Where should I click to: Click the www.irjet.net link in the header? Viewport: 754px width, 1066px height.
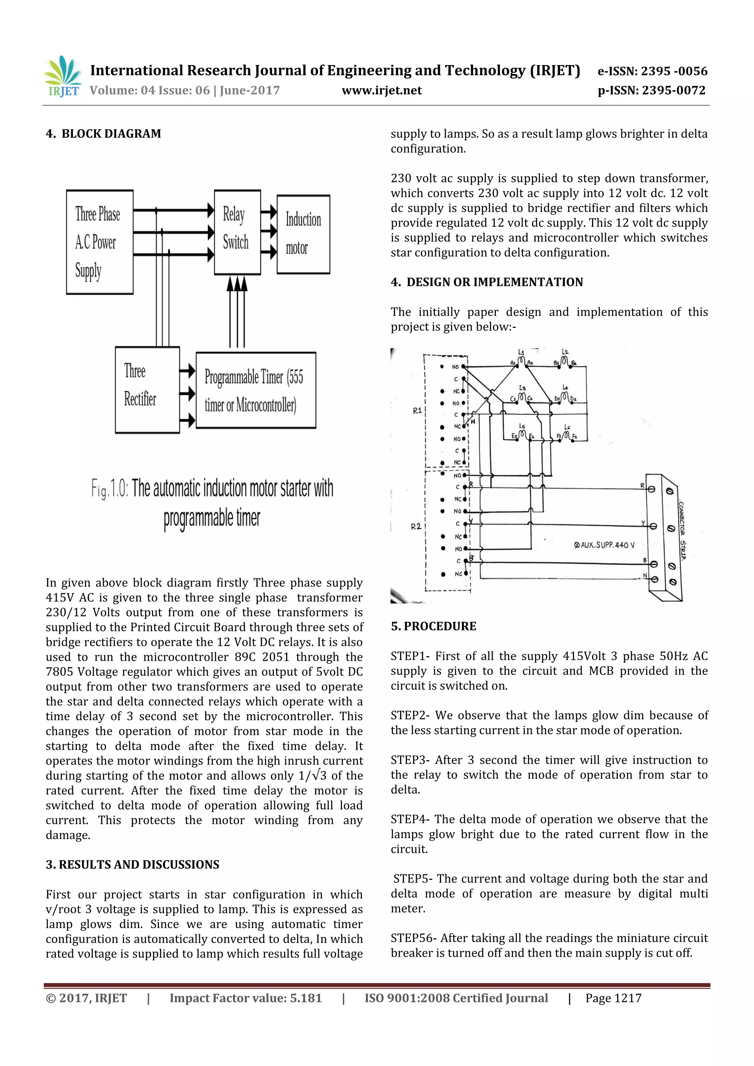click(381, 91)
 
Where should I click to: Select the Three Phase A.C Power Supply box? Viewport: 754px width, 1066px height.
click(100, 242)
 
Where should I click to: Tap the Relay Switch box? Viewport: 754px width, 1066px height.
click(237, 232)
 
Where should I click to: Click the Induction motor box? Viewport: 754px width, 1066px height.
click(303, 234)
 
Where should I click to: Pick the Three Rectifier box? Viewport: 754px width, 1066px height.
click(147, 390)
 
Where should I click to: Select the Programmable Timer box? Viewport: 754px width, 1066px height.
click(256, 390)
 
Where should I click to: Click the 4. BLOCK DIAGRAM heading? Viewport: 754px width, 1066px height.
click(103, 134)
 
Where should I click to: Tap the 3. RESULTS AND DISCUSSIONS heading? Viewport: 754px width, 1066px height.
click(133, 864)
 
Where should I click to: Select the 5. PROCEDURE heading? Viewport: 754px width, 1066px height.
click(433, 626)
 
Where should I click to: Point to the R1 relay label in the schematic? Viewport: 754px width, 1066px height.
click(417, 410)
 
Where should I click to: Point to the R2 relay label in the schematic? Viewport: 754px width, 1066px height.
click(416, 527)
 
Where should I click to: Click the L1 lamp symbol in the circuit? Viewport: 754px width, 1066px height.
click(521, 360)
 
